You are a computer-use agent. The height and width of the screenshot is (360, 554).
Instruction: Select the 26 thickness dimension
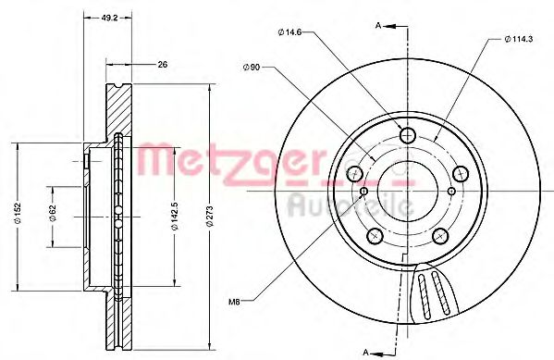tap(163, 65)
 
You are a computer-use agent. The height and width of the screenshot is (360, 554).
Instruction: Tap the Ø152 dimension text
tap(18, 213)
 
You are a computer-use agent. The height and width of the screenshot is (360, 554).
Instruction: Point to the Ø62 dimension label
tap(53, 214)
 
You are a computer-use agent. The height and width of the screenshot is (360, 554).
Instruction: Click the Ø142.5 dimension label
tap(175, 217)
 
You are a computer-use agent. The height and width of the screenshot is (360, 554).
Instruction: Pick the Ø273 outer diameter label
tap(210, 216)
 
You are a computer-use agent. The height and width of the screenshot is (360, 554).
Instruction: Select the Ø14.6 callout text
tap(289, 32)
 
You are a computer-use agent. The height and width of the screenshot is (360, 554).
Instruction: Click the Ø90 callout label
tap(252, 67)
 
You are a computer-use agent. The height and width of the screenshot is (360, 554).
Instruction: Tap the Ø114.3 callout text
tap(518, 39)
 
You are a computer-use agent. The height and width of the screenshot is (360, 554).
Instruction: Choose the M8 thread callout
tap(234, 302)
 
